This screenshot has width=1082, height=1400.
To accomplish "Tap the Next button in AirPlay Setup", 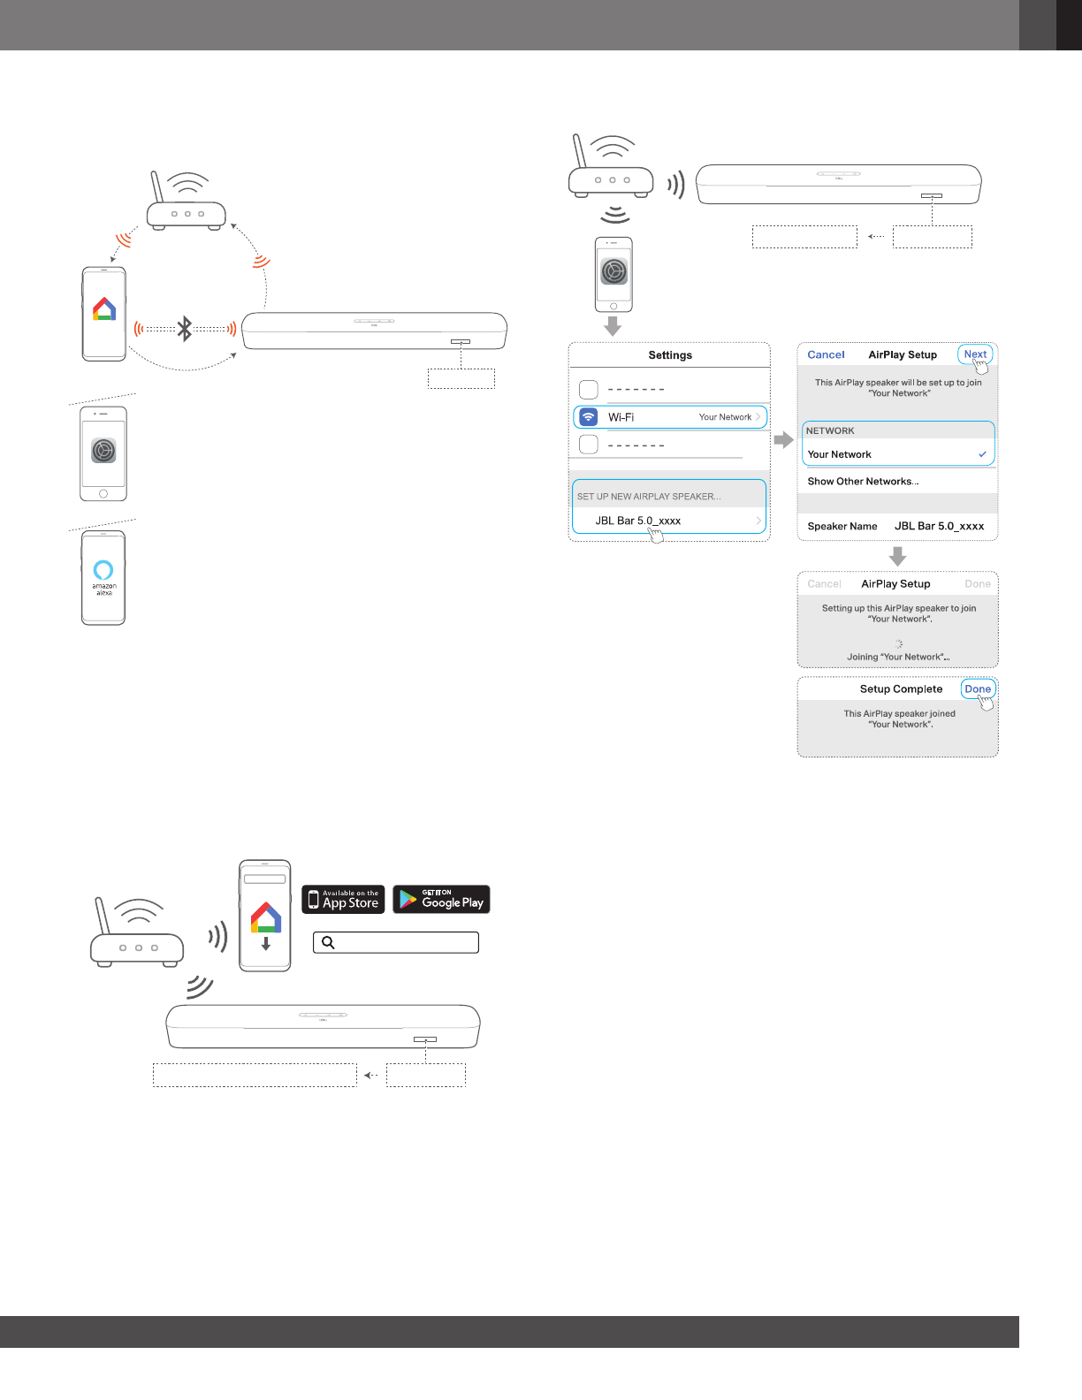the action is tap(975, 354).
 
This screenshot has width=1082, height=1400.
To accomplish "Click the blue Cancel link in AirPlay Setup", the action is tap(826, 354).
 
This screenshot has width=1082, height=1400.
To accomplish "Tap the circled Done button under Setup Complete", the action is tap(978, 689).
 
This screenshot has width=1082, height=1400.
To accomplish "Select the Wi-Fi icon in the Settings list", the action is tap(589, 417).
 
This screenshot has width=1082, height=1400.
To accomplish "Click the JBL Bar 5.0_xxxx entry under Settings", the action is tap(637, 521).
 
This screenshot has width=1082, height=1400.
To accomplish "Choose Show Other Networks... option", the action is tap(863, 482).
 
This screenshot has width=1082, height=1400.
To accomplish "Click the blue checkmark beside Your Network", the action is tap(982, 454).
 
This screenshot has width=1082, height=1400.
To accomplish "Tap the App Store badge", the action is tap(343, 899).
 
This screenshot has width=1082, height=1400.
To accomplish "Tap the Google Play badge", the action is tap(441, 899).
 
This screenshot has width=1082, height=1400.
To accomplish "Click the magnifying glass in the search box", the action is tap(328, 942).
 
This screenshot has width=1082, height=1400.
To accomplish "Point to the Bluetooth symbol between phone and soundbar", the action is tap(185, 329).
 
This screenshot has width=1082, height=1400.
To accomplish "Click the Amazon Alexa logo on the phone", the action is tap(103, 570).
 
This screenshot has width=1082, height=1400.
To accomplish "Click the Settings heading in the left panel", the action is tap(670, 355).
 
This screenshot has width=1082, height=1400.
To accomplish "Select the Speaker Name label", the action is tap(842, 526).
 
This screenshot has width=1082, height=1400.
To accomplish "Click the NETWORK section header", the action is tap(830, 431).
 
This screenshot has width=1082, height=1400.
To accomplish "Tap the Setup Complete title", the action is tap(901, 689).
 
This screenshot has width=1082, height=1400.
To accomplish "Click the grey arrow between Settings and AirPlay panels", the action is tap(783, 439).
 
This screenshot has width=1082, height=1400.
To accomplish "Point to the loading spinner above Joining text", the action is tap(898, 643).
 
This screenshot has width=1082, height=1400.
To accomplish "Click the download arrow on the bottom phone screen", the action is tap(265, 943).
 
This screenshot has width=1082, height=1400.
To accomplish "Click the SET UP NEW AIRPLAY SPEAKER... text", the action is tap(649, 497).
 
